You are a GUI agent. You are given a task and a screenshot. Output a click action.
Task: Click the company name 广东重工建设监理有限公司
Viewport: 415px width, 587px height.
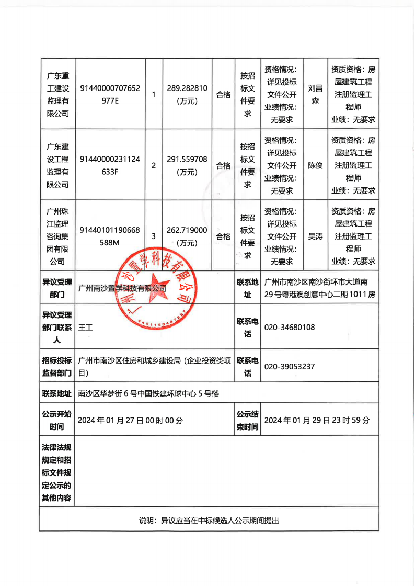pos(57,94)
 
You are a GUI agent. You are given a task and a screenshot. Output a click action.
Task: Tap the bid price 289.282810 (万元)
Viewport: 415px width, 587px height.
pos(187,94)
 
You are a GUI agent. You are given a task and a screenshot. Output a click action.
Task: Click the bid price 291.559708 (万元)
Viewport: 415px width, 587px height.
pos(187,165)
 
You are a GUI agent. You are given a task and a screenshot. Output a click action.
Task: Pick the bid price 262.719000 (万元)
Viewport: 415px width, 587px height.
pos(187,236)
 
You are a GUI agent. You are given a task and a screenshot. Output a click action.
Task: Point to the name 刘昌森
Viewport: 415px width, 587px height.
pos(315,94)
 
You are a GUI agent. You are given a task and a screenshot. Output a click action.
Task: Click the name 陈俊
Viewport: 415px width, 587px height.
pos(315,165)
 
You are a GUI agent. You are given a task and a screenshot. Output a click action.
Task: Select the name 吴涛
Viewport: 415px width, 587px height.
pos(315,236)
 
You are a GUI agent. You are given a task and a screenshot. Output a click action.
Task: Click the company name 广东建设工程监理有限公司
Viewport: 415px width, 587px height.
pos(57,165)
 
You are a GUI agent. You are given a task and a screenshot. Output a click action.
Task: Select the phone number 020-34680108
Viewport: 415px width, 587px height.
pos(290,327)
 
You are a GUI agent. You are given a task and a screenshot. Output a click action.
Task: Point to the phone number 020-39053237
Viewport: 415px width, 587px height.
pos(290,367)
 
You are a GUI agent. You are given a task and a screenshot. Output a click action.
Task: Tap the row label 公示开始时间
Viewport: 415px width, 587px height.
pos(57,420)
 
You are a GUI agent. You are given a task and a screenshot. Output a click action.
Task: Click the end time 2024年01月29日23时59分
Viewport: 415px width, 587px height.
pos(317,420)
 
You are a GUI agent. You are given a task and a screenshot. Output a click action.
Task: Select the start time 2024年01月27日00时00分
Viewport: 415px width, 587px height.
pos(131,420)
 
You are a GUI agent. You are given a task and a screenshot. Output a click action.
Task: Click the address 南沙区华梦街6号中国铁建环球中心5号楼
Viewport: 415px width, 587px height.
pos(148,393)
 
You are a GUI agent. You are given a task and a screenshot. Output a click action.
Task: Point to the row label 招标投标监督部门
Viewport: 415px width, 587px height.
pos(57,367)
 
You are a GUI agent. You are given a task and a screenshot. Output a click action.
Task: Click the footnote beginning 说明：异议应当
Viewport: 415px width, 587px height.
pos(209,521)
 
